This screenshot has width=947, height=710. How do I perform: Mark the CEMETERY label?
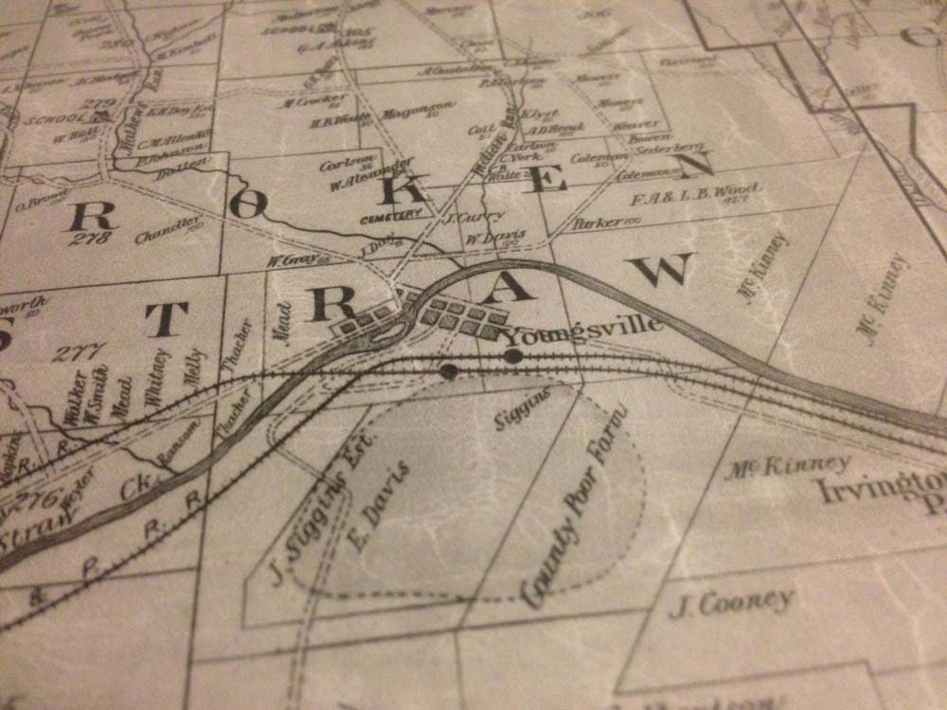point(390,215)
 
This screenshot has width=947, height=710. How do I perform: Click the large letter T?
point(167,320)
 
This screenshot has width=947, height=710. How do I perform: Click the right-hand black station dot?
point(513,356)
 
